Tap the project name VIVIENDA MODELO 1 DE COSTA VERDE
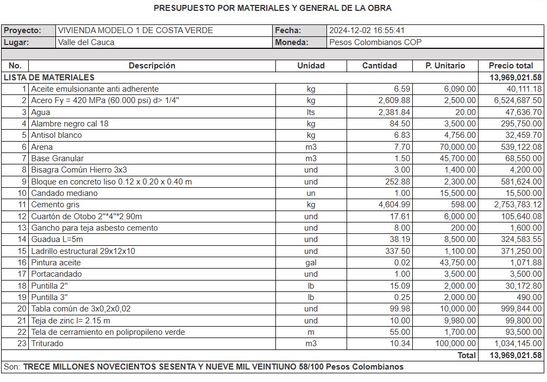pyautogui.click(x=135, y=30)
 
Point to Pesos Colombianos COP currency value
pyautogui.click(x=375, y=42)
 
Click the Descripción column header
pyautogui.click(x=152, y=66)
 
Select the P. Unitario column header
pyautogui.click(x=445, y=66)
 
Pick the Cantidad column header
pyautogui.click(x=380, y=66)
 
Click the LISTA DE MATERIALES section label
pyautogui.click(x=49, y=78)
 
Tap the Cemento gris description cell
pyautogui.click(x=55, y=205)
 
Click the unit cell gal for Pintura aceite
pyautogui.click(x=311, y=263)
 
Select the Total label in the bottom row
pyautogui.click(x=467, y=355)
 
